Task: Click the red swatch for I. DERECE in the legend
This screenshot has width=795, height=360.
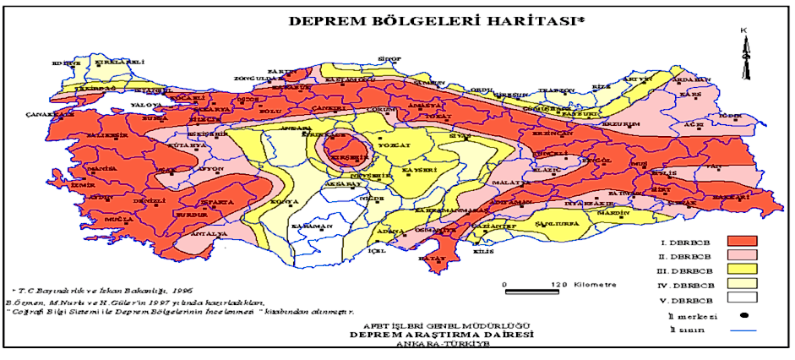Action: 738,241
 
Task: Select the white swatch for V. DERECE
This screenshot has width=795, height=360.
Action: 738,297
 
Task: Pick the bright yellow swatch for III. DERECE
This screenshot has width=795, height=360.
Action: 738,269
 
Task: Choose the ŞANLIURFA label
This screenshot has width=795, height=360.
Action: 555,221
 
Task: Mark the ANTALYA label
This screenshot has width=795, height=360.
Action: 207,233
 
